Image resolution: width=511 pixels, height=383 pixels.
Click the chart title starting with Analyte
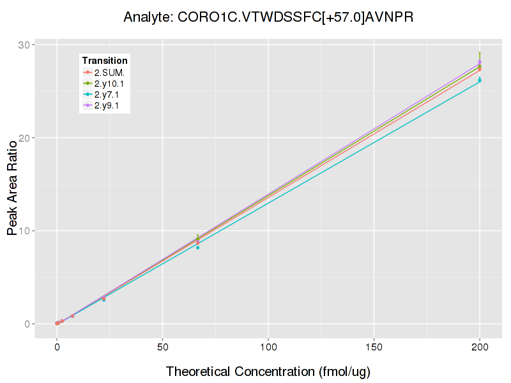point(268,17)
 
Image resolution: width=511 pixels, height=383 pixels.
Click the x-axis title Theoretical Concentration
point(268,371)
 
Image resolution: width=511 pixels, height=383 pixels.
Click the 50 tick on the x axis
point(163,347)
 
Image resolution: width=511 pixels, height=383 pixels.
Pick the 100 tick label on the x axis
point(268,347)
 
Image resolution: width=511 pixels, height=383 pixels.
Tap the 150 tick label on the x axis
point(374,347)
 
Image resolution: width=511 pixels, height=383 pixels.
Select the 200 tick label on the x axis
point(480,347)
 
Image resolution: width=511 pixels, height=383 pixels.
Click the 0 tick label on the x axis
point(57,347)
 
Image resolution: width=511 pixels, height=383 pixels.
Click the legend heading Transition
point(105,61)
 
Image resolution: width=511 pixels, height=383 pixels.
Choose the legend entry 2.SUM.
point(109,72)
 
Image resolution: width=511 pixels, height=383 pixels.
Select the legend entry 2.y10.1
point(110,84)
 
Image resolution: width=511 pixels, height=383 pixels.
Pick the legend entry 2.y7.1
point(107,94)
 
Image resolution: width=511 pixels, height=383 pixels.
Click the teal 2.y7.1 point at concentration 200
point(480,80)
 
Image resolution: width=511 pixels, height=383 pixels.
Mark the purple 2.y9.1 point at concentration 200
point(480,63)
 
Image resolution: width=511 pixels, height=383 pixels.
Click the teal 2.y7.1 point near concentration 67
point(198,247)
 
